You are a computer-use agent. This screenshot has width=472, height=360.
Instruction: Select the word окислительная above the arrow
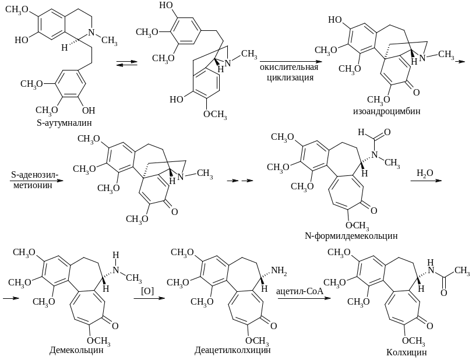287,68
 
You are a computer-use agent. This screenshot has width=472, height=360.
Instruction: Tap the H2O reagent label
424,173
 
